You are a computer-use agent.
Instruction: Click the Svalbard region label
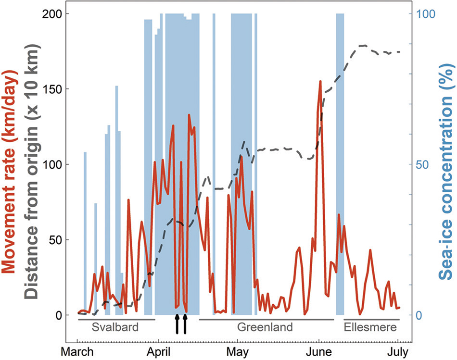pos(115,327)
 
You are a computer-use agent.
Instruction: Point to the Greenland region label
pos(265,327)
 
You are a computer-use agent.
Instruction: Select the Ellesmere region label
pos(370,327)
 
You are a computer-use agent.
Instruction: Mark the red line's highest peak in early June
pos(320,82)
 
